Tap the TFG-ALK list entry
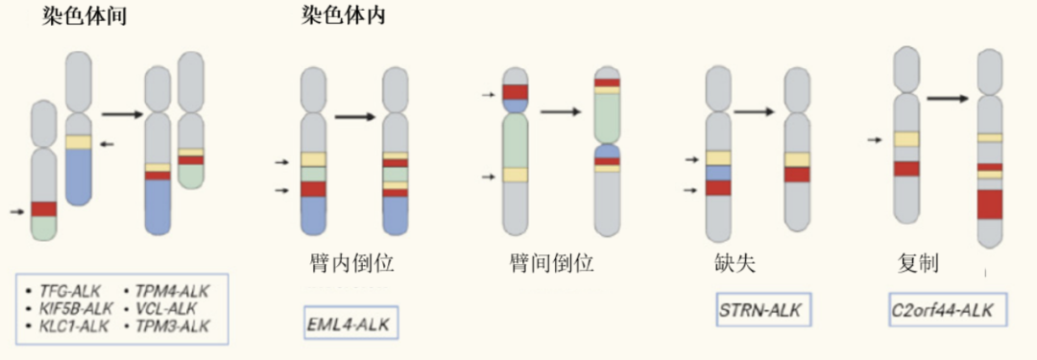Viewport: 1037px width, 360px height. pos(63,288)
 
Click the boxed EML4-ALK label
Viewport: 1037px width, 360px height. pos(350,321)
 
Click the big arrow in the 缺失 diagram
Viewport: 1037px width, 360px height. pos(755,111)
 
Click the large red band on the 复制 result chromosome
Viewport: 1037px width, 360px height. pos(990,204)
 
